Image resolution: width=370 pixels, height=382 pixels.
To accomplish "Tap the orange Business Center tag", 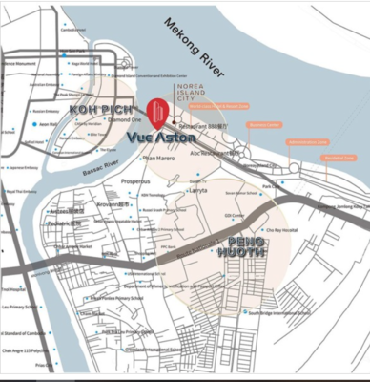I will coord(264,125).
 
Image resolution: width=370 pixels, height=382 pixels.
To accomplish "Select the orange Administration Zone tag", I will coord(305,141).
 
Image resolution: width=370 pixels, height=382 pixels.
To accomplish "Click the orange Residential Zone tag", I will coord(339,158).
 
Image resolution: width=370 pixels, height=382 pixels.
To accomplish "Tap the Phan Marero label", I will coord(160,159).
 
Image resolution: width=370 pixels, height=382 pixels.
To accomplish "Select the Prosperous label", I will coord(135,180).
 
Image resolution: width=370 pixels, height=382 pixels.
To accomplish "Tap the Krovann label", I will coord(109,203).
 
